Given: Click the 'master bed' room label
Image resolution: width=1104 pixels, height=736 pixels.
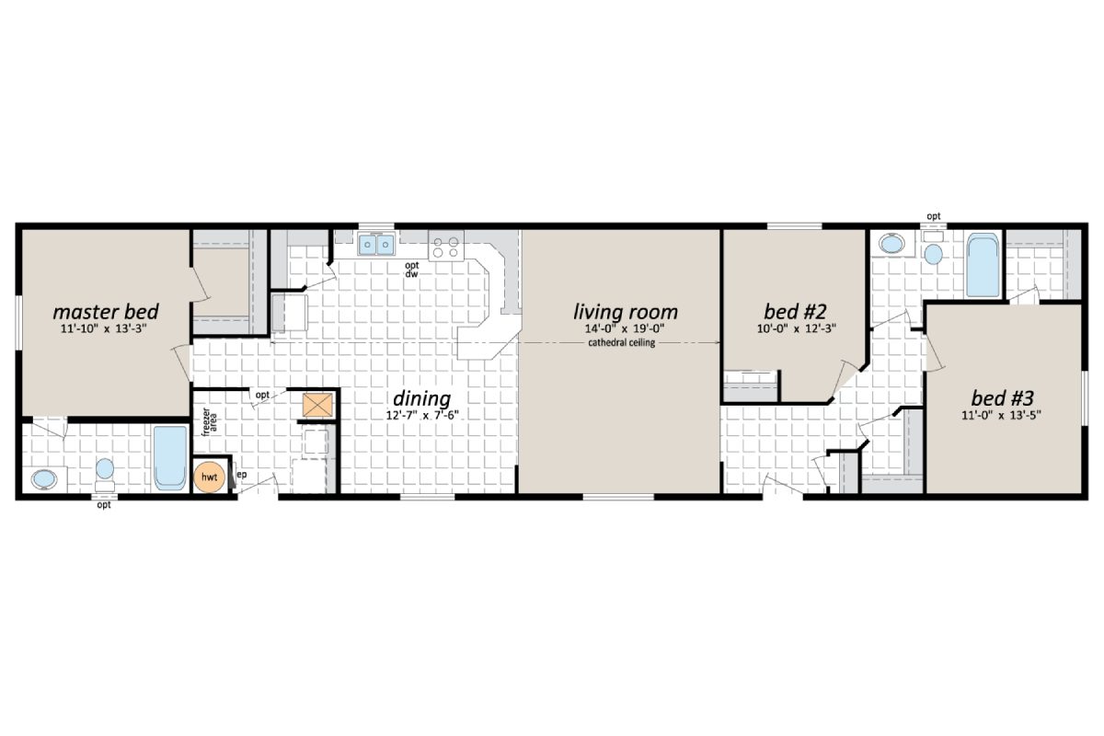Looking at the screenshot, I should pyautogui.click(x=105, y=310).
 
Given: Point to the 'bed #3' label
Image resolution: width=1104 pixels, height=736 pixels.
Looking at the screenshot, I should pyautogui.click(x=1003, y=397).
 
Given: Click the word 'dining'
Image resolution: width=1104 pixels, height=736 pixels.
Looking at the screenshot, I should pyautogui.click(x=421, y=398).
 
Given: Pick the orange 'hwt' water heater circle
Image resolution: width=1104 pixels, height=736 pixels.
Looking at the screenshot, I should pyautogui.click(x=209, y=476).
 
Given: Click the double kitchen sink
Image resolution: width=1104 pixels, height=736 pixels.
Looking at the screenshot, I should pyautogui.click(x=376, y=245).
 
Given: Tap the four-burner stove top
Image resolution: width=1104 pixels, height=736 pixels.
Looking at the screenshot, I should pyautogui.click(x=447, y=247).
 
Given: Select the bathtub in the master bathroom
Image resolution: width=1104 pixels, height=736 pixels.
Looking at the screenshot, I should pyautogui.click(x=170, y=457).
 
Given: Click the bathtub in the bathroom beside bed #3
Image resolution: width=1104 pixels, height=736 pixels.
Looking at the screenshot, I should pyautogui.click(x=983, y=263).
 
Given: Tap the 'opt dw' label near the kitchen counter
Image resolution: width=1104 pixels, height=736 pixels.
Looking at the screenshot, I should pyautogui.click(x=413, y=269).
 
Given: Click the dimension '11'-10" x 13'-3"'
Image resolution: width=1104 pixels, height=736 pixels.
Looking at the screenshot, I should pyautogui.click(x=105, y=328).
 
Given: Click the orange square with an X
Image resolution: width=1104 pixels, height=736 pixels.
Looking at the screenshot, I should pyautogui.click(x=315, y=405).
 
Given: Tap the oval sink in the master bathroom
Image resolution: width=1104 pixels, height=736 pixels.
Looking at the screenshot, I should pyautogui.click(x=45, y=478).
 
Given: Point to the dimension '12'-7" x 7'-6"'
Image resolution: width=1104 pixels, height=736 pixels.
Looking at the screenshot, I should pyautogui.click(x=421, y=415).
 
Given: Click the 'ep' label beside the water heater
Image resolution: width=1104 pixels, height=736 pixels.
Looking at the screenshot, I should pyautogui.click(x=241, y=475).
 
